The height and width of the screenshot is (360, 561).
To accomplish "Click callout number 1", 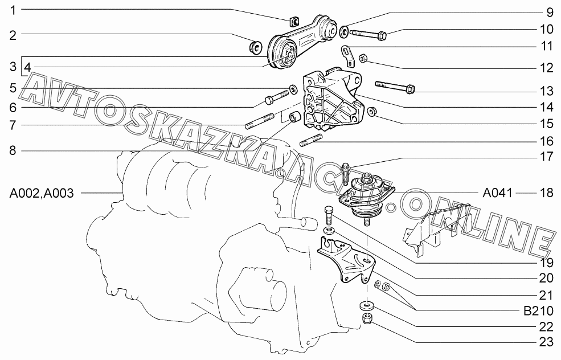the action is pyautogui.click(x=13, y=11).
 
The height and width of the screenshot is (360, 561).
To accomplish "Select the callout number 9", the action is pyautogui.click(x=550, y=13).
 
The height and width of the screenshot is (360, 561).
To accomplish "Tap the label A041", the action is pyautogui.click(x=497, y=193).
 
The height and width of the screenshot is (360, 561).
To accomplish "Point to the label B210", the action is pyautogui.click(x=538, y=311).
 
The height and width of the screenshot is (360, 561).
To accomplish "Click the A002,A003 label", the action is pyautogui.click(x=42, y=193).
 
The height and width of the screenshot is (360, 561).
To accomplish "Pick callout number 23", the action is pyautogui.click(x=546, y=342).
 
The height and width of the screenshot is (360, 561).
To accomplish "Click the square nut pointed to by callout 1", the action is pyautogui.click(x=293, y=22).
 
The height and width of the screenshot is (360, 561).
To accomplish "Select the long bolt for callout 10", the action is pyautogui.click(x=368, y=34).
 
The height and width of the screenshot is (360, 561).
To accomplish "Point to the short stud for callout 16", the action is pyautogui.click(x=312, y=140).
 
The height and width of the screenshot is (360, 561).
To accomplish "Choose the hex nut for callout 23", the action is pyautogui.click(x=366, y=318).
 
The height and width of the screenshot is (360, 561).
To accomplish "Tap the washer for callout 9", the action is pyautogui.click(x=344, y=31).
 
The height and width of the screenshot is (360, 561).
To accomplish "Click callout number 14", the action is pyautogui.click(x=546, y=107).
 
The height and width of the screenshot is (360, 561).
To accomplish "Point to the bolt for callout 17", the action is pyautogui.click(x=346, y=173).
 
